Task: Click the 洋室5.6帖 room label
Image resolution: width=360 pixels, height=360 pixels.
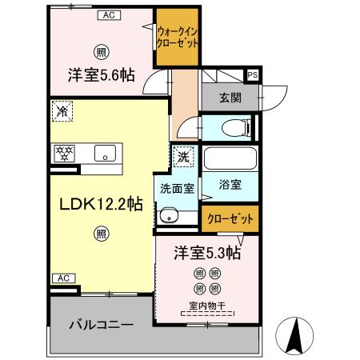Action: click(x=100, y=74)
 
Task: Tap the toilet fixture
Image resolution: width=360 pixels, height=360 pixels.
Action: click(x=234, y=126)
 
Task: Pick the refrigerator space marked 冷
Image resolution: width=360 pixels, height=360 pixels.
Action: click(x=62, y=111)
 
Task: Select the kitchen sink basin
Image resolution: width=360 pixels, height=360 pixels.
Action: click(x=105, y=154)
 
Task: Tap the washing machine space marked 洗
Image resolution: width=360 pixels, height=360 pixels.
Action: click(x=183, y=157)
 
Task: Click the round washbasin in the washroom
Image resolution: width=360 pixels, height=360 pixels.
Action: click(x=168, y=214)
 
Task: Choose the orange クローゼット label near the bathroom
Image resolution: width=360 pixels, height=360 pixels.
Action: click(x=231, y=218)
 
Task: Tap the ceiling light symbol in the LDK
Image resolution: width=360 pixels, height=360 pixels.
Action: click(x=101, y=234)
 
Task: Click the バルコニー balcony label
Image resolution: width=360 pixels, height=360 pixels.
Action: click(x=100, y=326)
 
